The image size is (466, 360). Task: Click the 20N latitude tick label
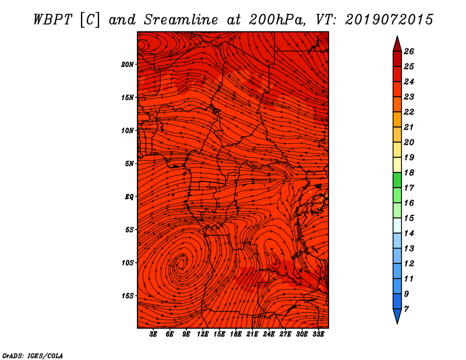(x=128, y=65)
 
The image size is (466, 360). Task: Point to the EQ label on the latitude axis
(x=129, y=197)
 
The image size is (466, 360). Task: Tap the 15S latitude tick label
(x=128, y=296)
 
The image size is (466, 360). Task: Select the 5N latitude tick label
(x=129, y=164)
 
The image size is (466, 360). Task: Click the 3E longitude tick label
(x=153, y=334)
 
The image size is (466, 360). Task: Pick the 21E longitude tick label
(x=252, y=334)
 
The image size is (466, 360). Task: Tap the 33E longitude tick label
(x=318, y=334)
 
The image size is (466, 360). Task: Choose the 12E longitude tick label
(x=203, y=334)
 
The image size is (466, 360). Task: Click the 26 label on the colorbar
(x=409, y=51)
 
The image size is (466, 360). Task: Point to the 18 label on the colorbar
(x=409, y=172)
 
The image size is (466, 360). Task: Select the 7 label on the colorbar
(x=407, y=309)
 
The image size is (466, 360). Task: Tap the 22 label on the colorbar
(x=409, y=112)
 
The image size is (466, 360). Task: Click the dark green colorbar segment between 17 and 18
(x=397, y=180)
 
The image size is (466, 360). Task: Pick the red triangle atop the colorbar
(x=397, y=45)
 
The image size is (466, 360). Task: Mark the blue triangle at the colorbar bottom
(x=397, y=315)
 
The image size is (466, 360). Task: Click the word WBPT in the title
(x=53, y=20)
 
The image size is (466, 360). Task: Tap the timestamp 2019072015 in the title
(x=389, y=20)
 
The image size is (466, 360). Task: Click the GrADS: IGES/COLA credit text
(x=33, y=356)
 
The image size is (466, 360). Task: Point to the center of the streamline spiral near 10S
(x=181, y=263)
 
